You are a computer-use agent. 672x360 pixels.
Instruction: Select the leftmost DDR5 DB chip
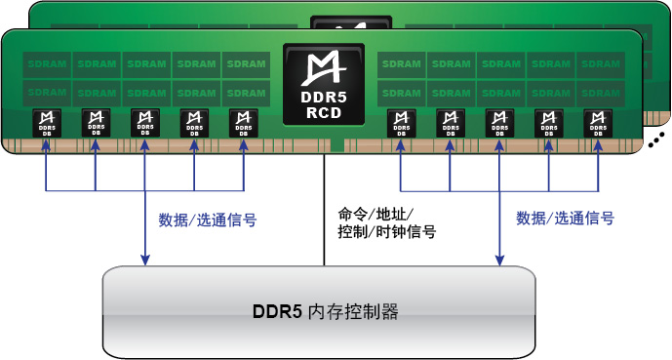point(46,123)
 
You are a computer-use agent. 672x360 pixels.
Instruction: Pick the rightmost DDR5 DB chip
point(598,123)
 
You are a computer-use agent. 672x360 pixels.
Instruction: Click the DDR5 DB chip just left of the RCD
point(243,123)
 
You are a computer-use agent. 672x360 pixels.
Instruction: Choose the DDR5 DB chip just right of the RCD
point(400,123)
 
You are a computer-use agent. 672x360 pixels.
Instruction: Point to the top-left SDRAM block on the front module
point(46,64)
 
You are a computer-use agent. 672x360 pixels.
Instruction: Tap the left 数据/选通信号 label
point(207,220)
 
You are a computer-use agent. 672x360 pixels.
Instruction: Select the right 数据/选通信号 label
point(565,219)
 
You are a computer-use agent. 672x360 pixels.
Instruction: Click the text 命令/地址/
point(376,213)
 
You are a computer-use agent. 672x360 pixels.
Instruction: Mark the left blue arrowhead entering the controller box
point(145,260)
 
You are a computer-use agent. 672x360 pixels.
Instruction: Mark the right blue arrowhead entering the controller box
point(498,260)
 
